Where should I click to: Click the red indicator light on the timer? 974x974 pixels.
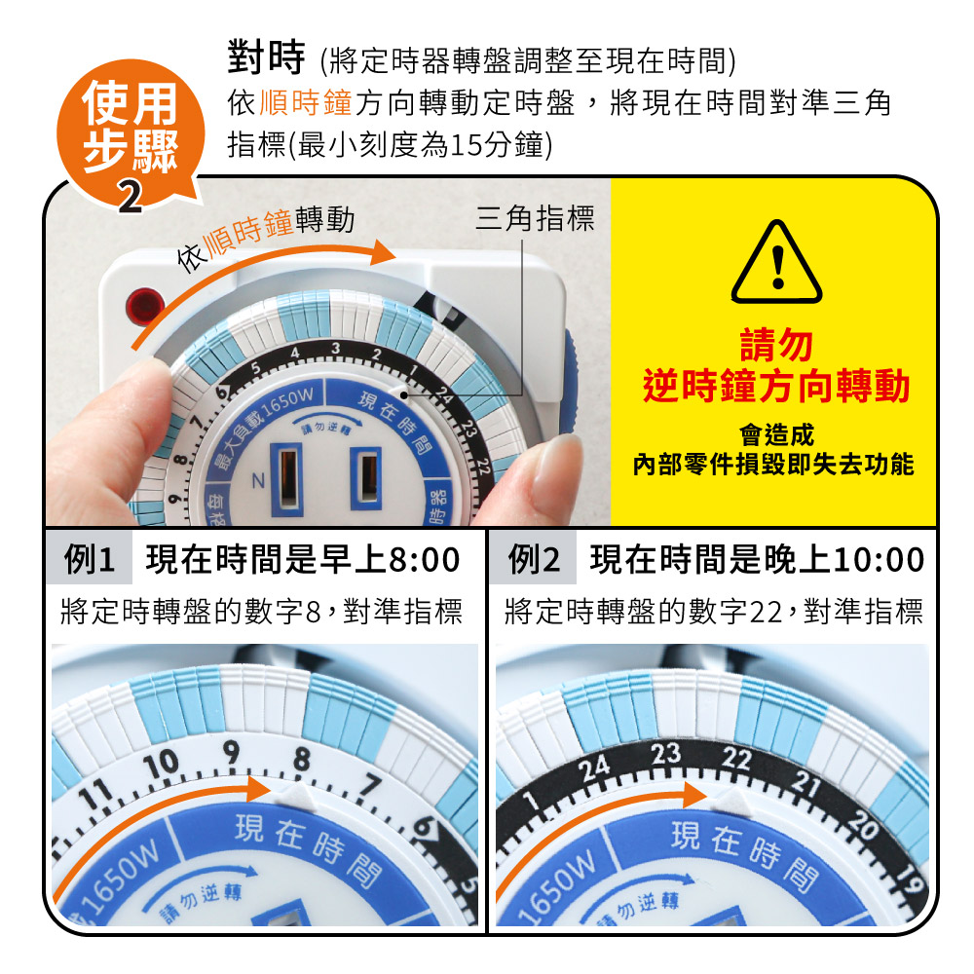(145, 307)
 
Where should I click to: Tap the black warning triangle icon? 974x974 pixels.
(776, 262)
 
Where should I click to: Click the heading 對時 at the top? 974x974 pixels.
(267, 57)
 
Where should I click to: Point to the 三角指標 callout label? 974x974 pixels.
(535, 218)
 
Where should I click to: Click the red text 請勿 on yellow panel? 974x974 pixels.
(776, 345)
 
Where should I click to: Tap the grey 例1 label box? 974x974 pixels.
(89, 559)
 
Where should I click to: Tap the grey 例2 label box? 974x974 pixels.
(534, 559)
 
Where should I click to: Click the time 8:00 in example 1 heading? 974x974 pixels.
(425, 560)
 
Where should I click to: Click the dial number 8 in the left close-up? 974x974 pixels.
(302, 759)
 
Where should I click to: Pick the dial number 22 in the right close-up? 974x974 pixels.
(736, 758)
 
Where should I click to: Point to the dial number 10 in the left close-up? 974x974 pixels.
(161, 764)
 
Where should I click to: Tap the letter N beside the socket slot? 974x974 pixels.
(258, 480)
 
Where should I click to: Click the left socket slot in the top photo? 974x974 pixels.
(287, 479)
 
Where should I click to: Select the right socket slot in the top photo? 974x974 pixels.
(366, 477)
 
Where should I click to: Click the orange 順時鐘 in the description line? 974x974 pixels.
(306, 103)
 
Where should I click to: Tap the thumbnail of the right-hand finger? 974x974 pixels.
(556, 461)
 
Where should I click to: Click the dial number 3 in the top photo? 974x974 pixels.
(335, 349)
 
